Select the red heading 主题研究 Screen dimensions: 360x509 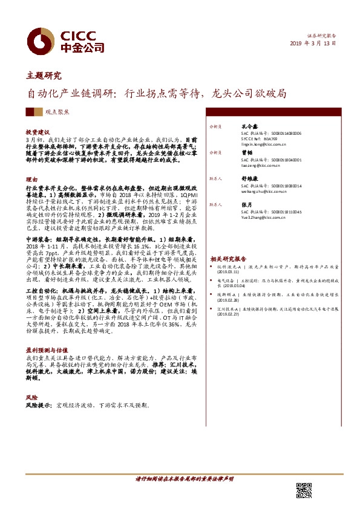(x=44, y=76)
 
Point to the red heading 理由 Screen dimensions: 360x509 (x=31, y=180)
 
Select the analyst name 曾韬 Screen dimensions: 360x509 (x=246, y=153)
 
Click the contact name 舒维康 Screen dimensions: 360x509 (x=249, y=179)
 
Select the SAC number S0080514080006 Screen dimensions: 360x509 (x=281, y=133)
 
